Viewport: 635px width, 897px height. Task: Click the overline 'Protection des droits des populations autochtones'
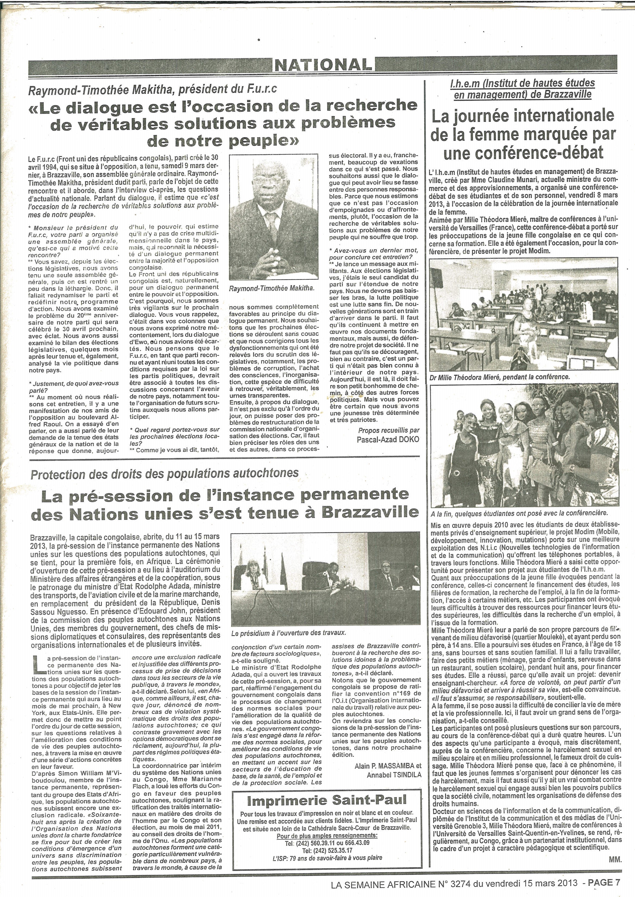[x=165, y=475]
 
